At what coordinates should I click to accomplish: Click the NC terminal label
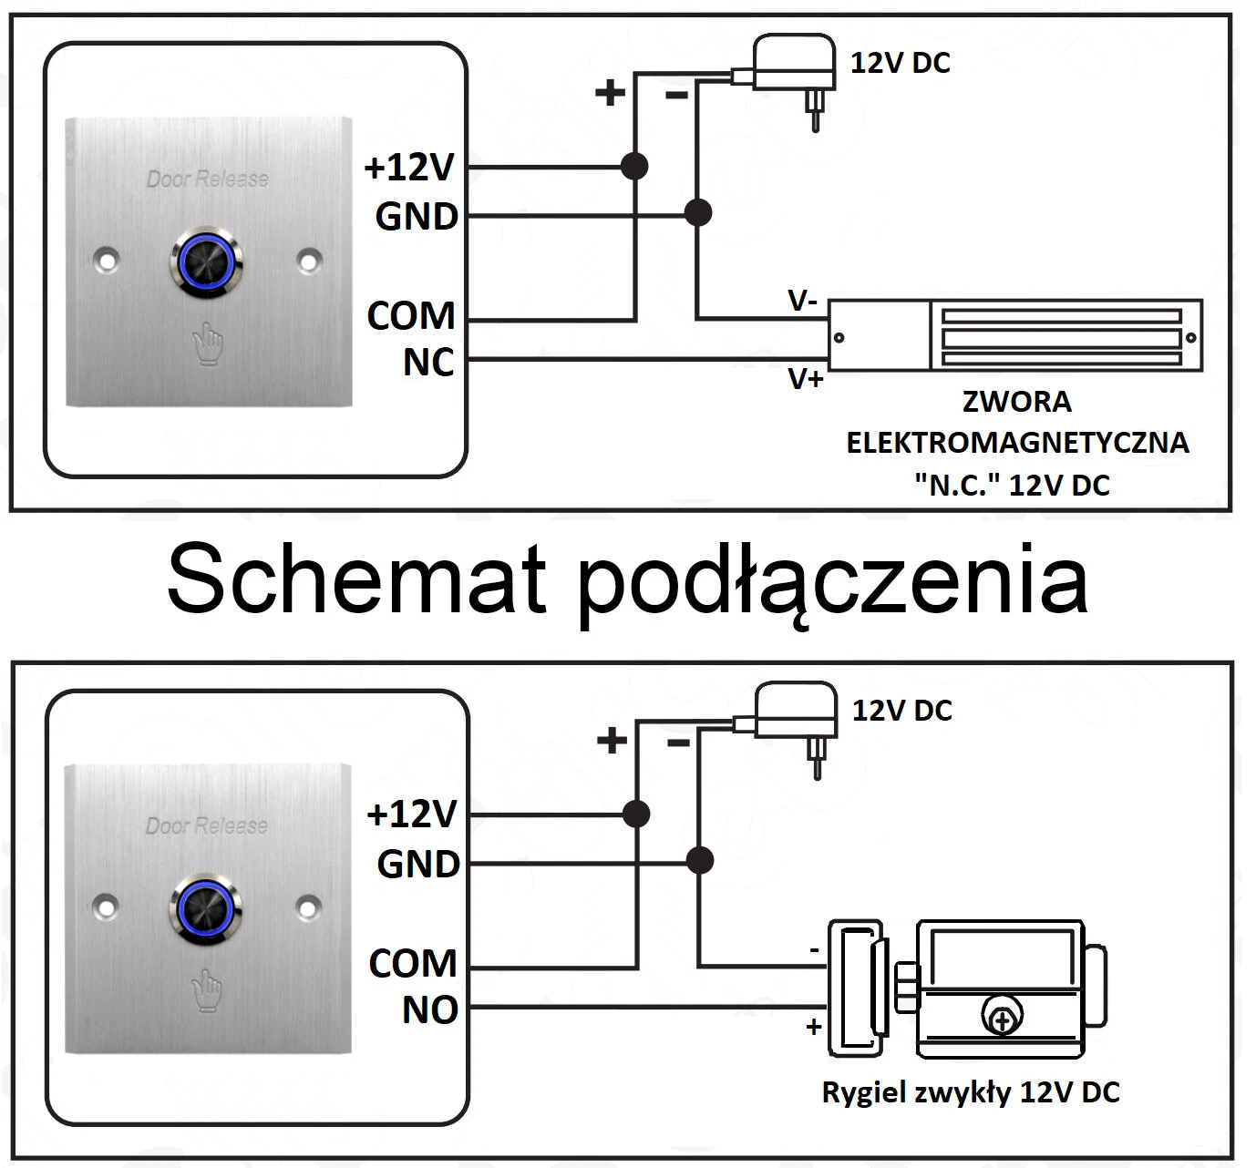[x=427, y=363]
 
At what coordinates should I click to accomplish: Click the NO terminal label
[x=429, y=1009]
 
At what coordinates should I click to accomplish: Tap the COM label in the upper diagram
[x=410, y=315]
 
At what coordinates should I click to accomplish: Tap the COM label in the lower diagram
[x=412, y=963]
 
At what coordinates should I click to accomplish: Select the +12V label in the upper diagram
[x=409, y=169]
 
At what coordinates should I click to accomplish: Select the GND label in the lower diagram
[x=418, y=864]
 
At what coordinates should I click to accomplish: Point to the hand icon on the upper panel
[x=208, y=343]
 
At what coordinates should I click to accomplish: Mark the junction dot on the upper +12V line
[x=634, y=166]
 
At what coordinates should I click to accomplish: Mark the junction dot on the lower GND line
[x=699, y=859]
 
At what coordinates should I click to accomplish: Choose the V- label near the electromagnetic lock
[x=802, y=302]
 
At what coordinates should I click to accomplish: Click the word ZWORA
[x=1016, y=401]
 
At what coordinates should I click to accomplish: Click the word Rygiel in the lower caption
[x=859, y=1091]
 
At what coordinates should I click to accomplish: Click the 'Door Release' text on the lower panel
[x=207, y=825]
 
